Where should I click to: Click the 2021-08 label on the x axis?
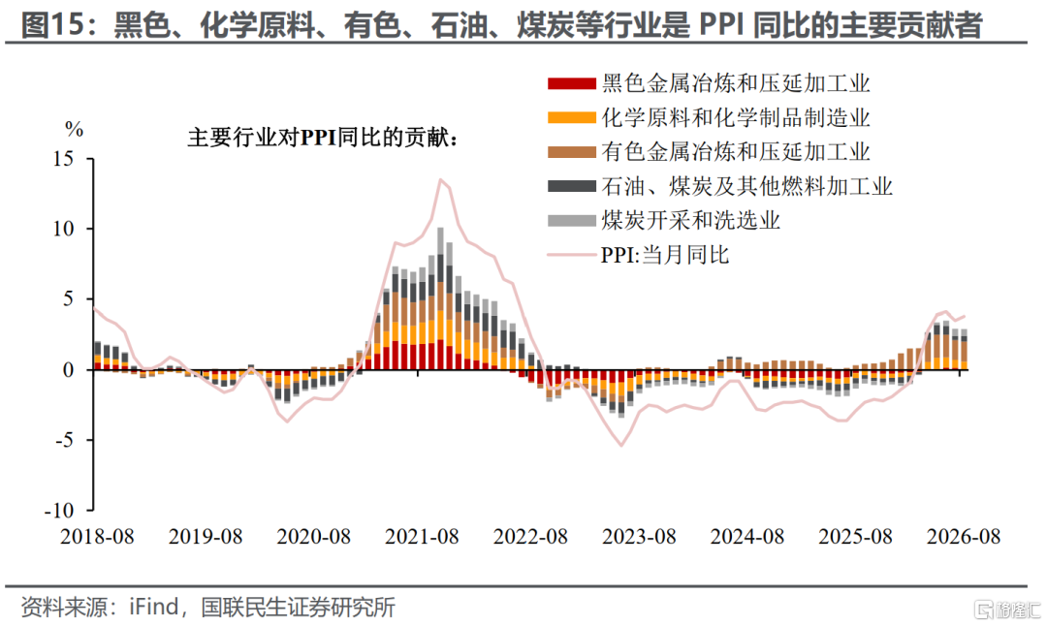422,537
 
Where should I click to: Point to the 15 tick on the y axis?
63,159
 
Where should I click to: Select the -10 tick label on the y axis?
59,511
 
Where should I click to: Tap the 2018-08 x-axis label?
97,537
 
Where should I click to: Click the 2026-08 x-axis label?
964,537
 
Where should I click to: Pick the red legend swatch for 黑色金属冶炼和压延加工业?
572,83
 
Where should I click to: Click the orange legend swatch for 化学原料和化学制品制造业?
572,117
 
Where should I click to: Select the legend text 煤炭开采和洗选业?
690,220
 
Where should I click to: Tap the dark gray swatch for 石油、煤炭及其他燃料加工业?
572,186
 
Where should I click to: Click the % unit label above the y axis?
74,129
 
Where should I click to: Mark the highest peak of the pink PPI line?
441,179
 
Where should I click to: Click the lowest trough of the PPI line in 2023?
621,445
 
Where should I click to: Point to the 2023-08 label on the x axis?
639,537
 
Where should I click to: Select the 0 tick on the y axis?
68,370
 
